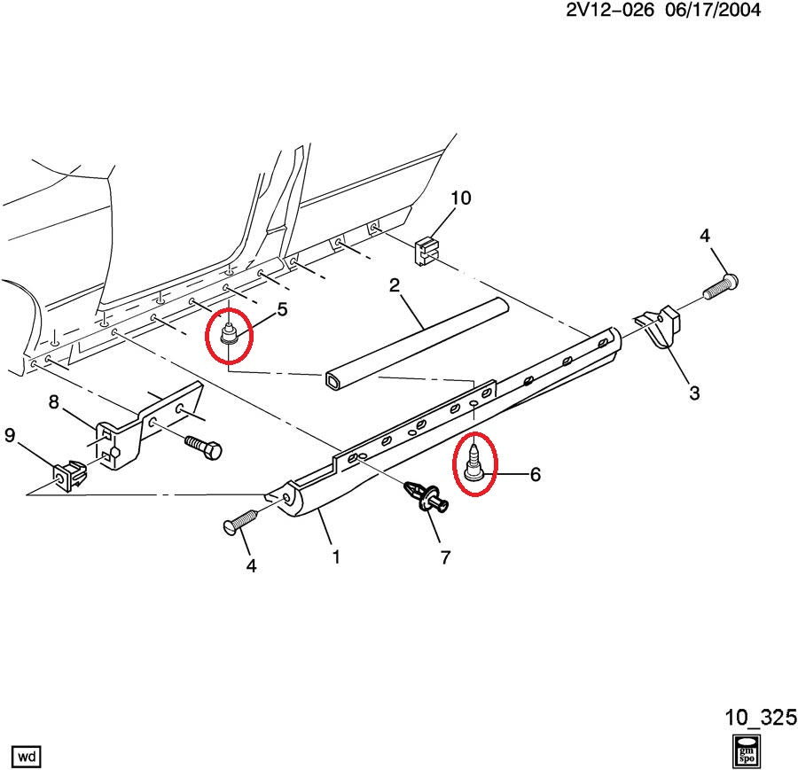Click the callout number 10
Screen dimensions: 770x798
(460, 198)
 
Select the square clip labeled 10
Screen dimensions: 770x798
(426, 249)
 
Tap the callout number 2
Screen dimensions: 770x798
(395, 285)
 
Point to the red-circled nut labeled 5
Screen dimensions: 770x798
(229, 336)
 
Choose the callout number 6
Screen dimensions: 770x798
(535, 475)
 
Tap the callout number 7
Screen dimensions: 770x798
(445, 557)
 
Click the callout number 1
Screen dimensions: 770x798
(336, 557)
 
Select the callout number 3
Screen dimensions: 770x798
(694, 393)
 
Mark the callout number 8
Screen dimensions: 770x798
(53, 403)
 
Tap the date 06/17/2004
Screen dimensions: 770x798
(712, 11)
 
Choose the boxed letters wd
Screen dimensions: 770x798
(27, 756)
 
